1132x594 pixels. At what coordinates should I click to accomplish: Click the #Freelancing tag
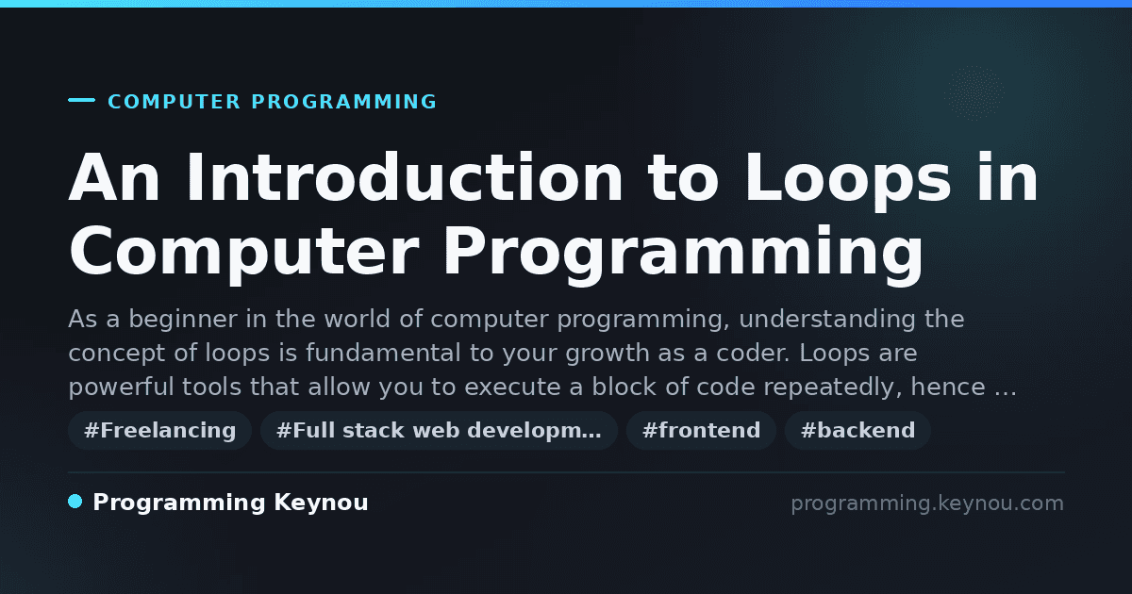coord(159,430)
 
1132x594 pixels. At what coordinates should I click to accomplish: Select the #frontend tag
coord(701,430)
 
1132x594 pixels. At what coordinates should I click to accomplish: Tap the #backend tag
coord(857,430)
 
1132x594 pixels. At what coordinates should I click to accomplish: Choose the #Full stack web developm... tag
coord(439,430)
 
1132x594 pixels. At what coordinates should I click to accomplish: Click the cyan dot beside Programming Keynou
coord(75,502)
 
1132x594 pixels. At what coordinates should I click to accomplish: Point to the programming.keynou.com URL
coord(927,503)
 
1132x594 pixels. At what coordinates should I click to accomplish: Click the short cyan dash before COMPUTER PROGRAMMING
coord(81,100)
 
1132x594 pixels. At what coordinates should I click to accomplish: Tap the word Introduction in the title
coord(405,178)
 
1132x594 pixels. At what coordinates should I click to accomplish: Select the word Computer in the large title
coord(243,253)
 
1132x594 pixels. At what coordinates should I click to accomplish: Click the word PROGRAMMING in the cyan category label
coord(343,102)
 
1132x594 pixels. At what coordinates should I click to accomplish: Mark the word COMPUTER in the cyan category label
coord(174,102)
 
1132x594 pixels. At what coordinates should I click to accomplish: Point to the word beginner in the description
coord(183,320)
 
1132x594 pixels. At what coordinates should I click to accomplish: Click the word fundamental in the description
coord(383,353)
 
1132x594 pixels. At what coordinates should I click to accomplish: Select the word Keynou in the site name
coord(321,503)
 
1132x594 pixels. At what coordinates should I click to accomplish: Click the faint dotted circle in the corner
coord(975,93)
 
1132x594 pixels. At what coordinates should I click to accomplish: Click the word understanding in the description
coord(826,320)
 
